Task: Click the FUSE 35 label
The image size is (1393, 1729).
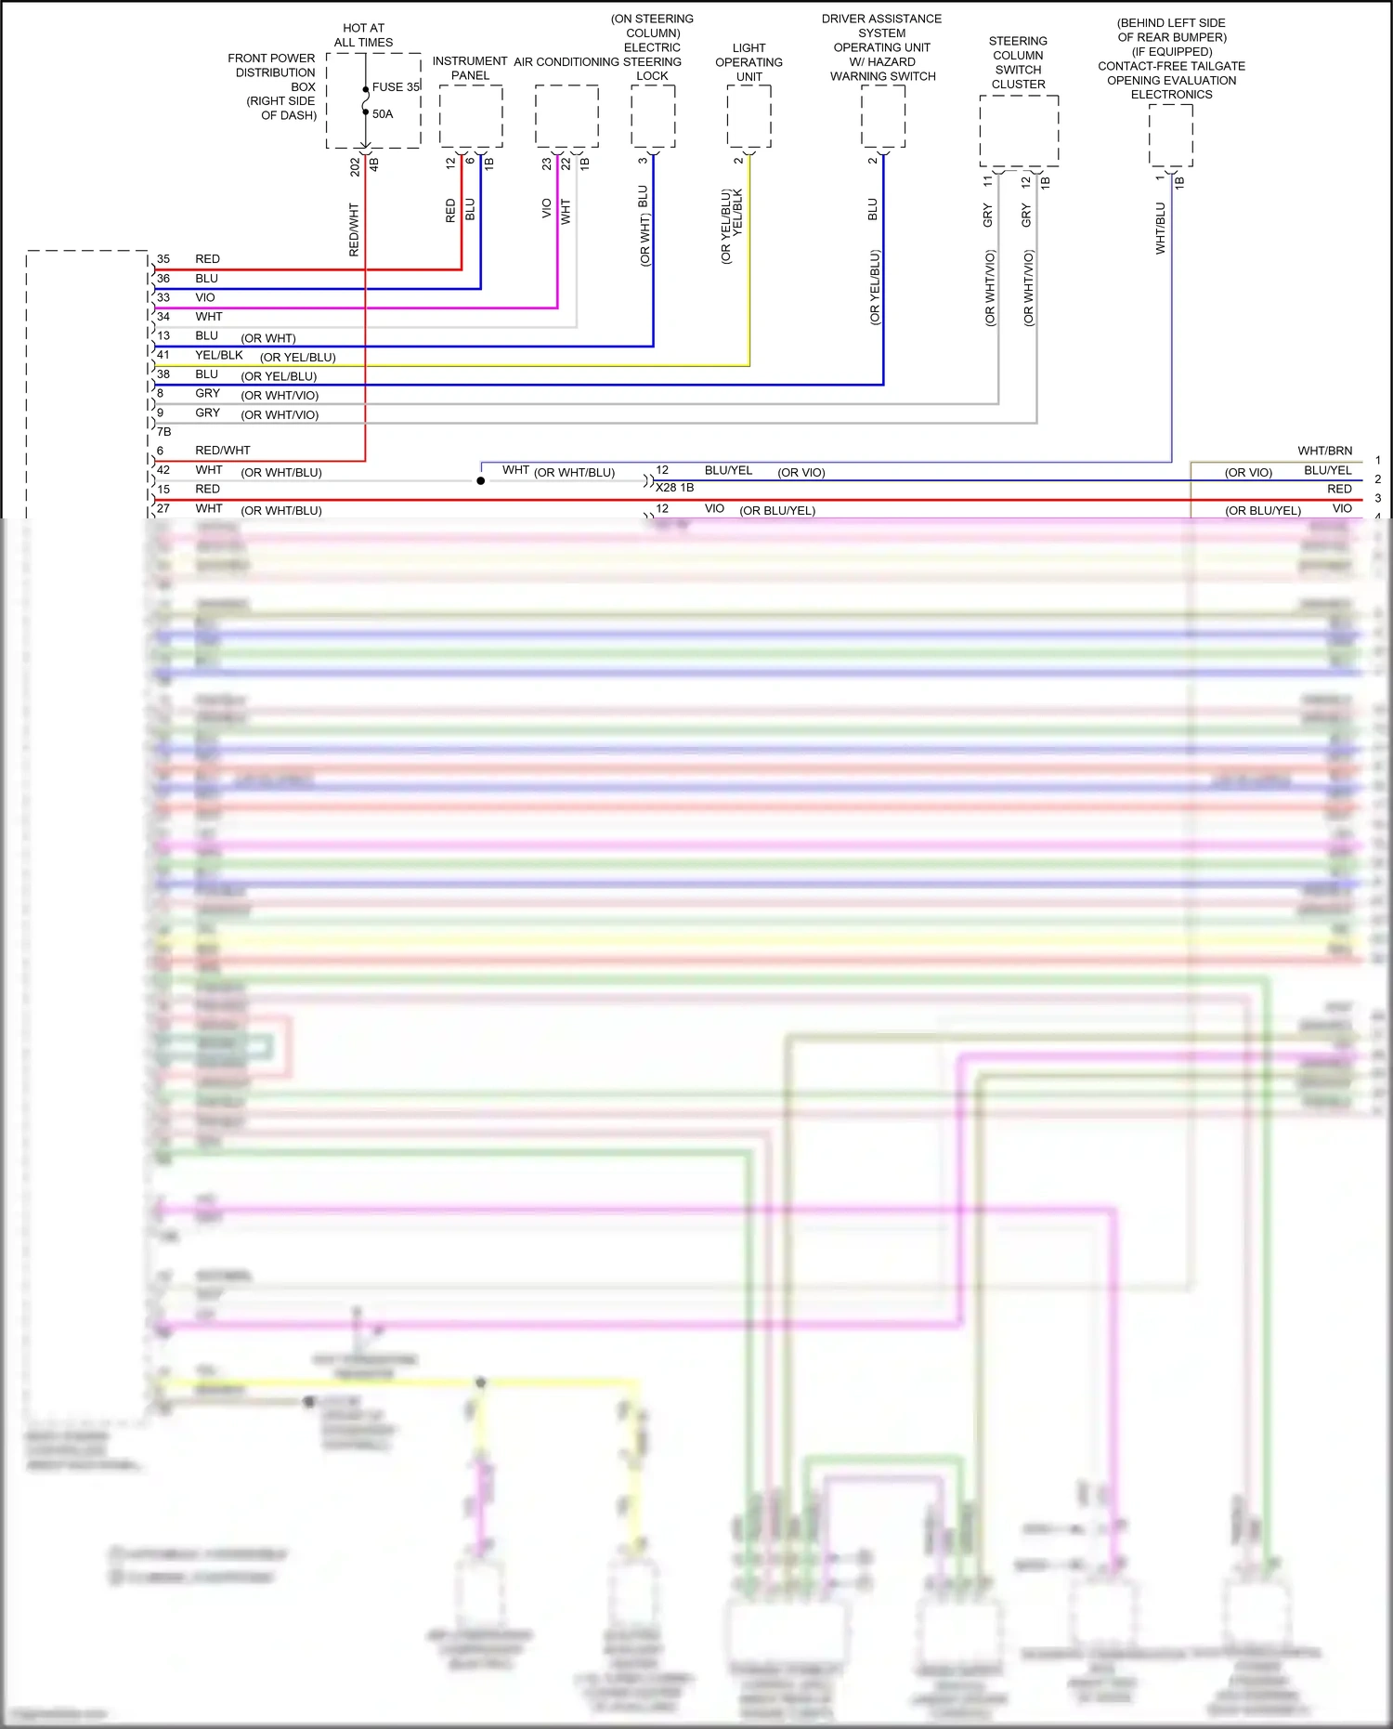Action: click(397, 87)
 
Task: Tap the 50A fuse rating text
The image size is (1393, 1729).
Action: click(383, 114)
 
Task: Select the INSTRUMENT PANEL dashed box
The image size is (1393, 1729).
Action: click(471, 116)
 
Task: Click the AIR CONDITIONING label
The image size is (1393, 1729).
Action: click(566, 62)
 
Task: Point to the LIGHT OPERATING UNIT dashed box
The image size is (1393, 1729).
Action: click(749, 116)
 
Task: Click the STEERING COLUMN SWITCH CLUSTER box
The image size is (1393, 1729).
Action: click(1019, 130)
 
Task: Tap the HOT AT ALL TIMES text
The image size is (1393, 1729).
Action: click(363, 35)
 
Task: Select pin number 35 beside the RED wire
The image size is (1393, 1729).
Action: click(163, 259)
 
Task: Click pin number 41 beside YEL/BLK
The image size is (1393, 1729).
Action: click(163, 355)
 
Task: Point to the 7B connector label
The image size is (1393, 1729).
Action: click(164, 432)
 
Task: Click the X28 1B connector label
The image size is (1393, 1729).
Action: click(675, 488)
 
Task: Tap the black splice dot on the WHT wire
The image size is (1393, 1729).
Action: click(480, 480)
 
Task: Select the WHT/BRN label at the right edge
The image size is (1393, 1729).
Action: click(1324, 451)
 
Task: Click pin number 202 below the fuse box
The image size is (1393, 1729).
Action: click(355, 167)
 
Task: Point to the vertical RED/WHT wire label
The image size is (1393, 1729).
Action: click(354, 229)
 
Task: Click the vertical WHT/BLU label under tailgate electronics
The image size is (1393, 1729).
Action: click(1160, 229)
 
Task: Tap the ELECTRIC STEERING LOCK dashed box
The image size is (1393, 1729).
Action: click(653, 116)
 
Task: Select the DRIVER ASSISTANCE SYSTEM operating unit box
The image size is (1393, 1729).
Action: click(883, 116)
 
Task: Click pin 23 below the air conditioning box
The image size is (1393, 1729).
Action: click(547, 164)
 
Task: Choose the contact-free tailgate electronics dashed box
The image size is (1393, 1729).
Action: click(1171, 135)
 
